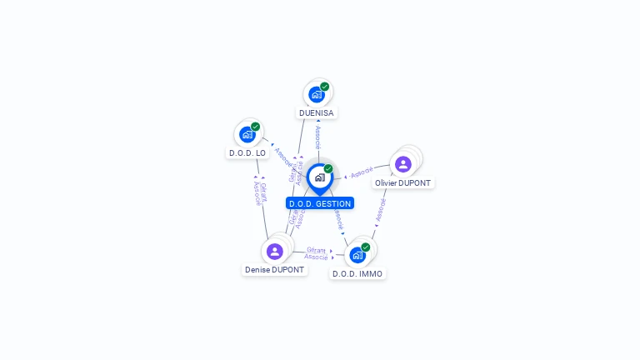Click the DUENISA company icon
(x=317, y=93)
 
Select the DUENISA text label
(x=317, y=112)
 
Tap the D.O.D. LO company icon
(x=247, y=134)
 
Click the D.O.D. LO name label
(x=247, y=153)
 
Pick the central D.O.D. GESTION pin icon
(x=319, y=177)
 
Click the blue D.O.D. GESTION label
(x=320, y=203)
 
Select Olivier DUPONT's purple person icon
(x=403, y=164)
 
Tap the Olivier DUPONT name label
(x=403, y=182)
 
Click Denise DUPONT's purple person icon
(x=275, y=251)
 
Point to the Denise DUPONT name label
(x=275, y=270)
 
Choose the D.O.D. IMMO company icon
(x=357, y=254)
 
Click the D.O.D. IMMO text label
(x=357, y=273)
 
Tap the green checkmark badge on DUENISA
(x=325, y=87)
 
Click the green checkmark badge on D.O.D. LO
(x=255, y=127)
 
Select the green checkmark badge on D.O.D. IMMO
(x=365, y=247)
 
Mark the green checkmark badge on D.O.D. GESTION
(x=328, y=169)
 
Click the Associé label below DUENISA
(x=317, y=137)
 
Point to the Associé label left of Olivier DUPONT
(x=362, y=172)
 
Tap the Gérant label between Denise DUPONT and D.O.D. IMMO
(x=316, y=250)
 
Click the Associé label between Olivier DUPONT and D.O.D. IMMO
(x=381, y=210)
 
